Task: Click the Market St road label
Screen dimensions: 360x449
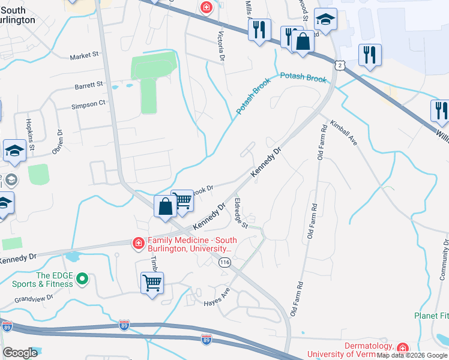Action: [84, 56]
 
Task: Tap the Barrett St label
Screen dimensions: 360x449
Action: [89, 86]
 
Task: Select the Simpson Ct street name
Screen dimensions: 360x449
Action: [88, 103]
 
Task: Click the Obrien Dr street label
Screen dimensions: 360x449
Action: [58, 142]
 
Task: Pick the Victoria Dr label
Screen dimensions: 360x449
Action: [221, 46]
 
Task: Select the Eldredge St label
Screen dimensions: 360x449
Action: [241, 213]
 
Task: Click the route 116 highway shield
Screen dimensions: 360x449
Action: [225, 262]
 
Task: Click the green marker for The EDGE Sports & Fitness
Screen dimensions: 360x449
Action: [83, 279]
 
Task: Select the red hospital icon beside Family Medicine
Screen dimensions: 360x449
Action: [138, 243]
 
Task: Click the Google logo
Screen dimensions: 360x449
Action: [20, 353]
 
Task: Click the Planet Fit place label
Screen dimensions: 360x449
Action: [431, 316]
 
